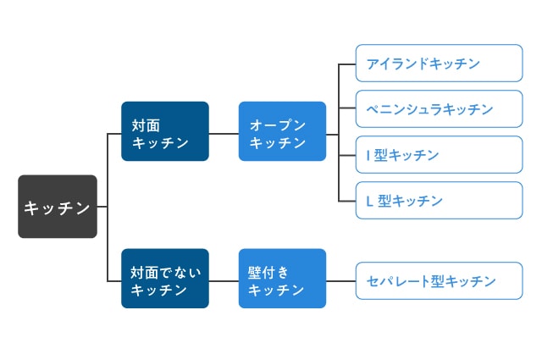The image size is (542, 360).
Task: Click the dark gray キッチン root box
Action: (58, 207)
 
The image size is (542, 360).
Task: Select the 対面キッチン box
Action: (165, 131)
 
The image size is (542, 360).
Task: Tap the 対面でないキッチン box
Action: (165, 279)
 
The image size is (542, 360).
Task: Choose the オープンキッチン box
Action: (282, 131)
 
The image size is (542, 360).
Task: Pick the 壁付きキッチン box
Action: (282, 279)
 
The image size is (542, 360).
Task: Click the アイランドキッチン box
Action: (439, 64)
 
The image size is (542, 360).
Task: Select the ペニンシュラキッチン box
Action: (439, 109)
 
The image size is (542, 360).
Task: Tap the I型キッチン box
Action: (439, 154)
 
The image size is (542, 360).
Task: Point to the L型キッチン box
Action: (439, 200)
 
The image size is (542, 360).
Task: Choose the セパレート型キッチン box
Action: (439, 281)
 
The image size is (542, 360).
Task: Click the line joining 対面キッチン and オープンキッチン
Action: (224, 134)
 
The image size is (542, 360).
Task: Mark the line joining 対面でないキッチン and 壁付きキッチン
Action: (224, 281)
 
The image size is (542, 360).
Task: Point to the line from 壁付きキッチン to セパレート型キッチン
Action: (340, 281)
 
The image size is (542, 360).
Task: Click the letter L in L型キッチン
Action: (369, 202)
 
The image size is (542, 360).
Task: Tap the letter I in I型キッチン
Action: (368, 156)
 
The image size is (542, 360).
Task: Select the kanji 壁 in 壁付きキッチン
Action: (254, 273)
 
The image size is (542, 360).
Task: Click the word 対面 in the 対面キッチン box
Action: (146, 125)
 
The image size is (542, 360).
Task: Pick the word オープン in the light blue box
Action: (278, 125)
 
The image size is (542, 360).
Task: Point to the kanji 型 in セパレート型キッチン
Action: (437, 281)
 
